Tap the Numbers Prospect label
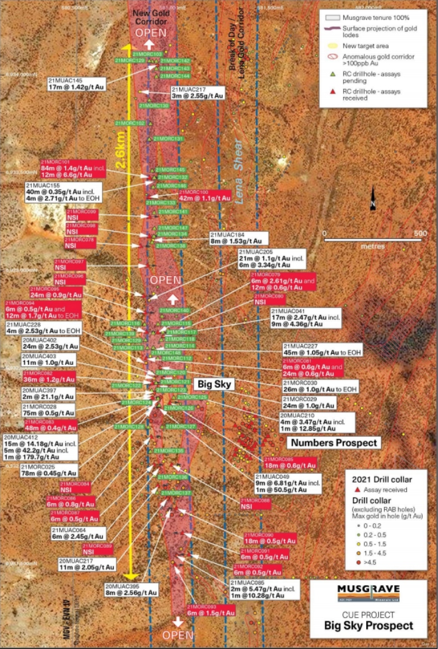pyautogui.click(x=334, y=442)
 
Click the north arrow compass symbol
pyautogui.click(x=374, y=198)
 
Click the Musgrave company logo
pyautogui.click(x=368, y=592)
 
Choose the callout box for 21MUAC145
pyautogui.click(x=74, y=84)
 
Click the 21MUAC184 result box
pyautogui.click(x=239, y=238)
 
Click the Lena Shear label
pyautogui.click(x=241, y=175)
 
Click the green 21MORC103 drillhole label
pyautogui.click(x=146, y=54)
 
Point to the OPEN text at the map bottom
pyautogui.click(x=177, y=635)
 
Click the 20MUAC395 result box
pyautogui.click(x=132, y=589)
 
